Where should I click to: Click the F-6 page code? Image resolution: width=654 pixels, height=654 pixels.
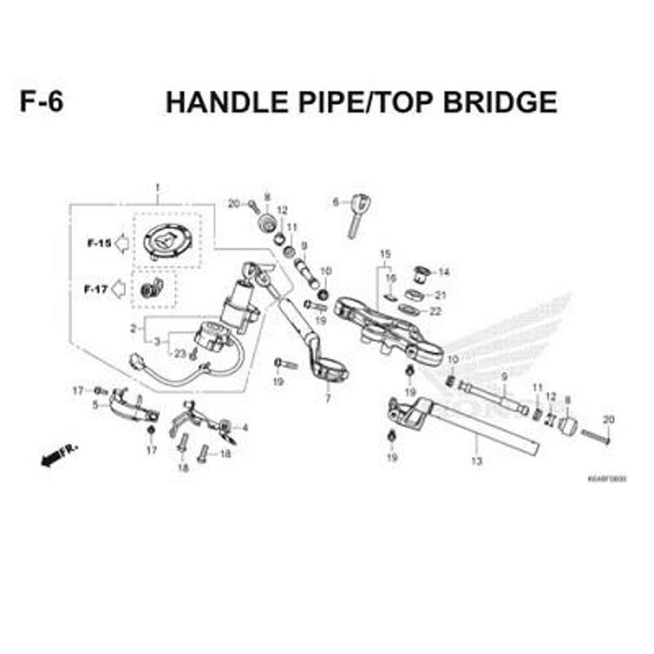point(41,102)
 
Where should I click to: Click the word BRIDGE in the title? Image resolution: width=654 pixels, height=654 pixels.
point(500,102)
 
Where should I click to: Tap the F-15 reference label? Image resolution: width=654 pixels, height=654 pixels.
point(99,242)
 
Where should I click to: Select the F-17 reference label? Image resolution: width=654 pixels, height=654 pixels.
point(96,289)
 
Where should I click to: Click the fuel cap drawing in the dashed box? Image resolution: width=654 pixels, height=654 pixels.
point(166,240)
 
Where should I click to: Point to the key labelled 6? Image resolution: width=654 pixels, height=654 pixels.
point(358,213)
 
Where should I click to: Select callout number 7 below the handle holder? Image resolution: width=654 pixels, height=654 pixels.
point(328,399)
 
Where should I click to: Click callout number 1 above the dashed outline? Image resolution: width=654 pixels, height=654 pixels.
point(158,188)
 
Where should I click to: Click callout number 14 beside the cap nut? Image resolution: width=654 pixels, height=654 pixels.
point(444,271)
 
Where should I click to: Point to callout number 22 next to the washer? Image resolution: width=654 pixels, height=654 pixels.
point(435,311)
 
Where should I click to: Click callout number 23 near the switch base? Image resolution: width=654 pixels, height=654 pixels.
point(180,353)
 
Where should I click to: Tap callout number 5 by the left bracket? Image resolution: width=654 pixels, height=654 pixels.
point(95,405)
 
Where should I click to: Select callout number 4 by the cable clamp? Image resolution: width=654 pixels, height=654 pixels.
point(245,427)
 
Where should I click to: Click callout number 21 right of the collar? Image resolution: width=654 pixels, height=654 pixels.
point(440,295)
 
